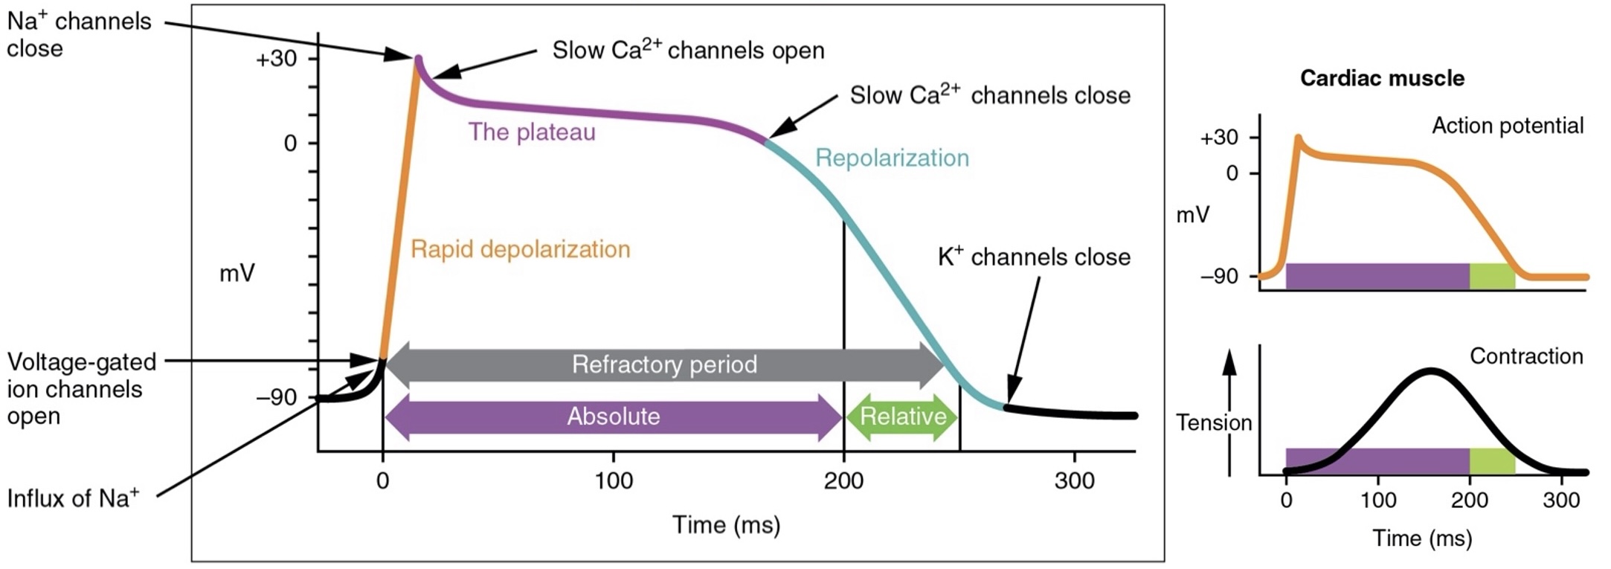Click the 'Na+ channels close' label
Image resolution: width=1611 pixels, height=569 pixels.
coord(78,34)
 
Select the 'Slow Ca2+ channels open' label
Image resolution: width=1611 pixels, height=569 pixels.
coord(688,50)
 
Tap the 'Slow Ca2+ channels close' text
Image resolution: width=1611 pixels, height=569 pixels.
coord(990,95)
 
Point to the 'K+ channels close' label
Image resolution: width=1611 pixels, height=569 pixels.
coord(1034,257)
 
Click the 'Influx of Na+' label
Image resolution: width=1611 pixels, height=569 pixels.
coord(73,498)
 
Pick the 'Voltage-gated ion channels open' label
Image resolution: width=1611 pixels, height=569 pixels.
coord(81,388)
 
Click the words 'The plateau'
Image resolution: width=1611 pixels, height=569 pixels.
coord(532,132)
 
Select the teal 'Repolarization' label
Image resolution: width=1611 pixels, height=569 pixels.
coord(892,158)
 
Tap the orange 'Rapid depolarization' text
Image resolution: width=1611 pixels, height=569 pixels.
coord(520,249)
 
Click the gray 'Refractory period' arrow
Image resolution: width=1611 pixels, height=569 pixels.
coord(664,364)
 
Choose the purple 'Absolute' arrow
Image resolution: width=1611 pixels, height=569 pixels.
coord(614,417)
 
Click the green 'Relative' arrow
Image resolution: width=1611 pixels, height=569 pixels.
coord(902,417)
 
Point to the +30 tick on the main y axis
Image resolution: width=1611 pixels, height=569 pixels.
coord(277,59)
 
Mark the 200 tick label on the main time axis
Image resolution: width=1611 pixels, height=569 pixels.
coord(843,481)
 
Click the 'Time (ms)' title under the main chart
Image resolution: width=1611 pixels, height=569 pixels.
coord(726,525)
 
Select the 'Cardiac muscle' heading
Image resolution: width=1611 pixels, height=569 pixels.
coord(1382,78)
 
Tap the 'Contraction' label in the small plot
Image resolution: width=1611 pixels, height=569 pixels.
coord(1525,356)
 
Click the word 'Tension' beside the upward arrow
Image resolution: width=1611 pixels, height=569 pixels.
coord(1214,423)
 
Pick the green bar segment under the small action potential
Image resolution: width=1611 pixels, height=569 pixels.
coord(1492,276)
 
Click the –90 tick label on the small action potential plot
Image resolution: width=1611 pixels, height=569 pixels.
coord(1219,277)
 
